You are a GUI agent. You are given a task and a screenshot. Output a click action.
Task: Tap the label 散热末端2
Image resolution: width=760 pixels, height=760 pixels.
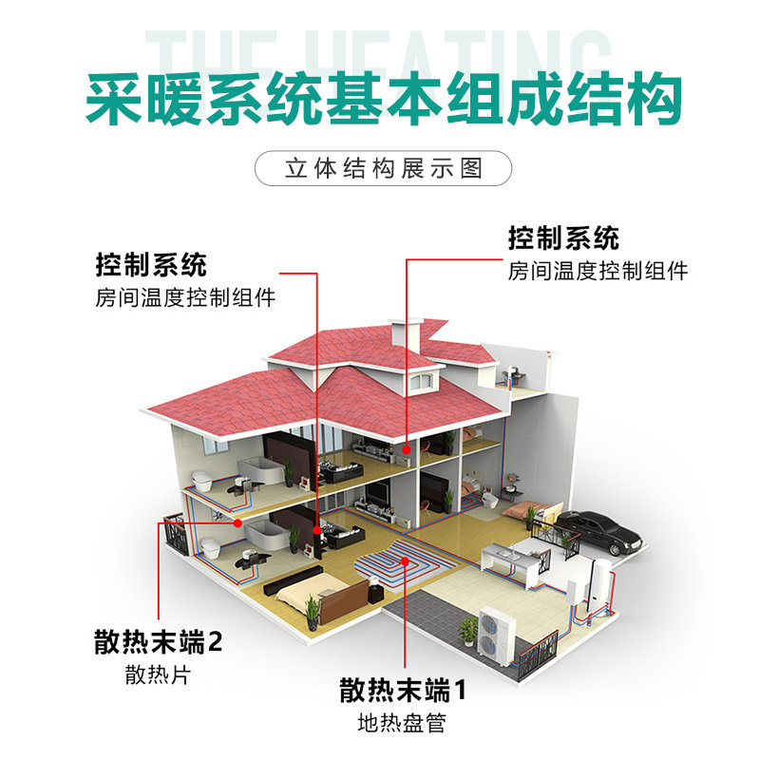[x=159, y=642]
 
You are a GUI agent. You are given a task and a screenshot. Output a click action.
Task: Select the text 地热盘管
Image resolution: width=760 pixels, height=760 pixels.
[x=401, y=723]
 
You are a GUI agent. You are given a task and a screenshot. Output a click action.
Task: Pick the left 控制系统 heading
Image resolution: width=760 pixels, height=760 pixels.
[x=151, y=263]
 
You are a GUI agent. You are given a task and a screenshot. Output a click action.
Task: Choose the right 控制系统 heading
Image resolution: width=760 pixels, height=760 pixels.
[x=563, y=237]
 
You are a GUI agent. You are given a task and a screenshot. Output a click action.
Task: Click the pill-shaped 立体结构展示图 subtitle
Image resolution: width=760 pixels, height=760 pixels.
[x=384, y=169]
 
